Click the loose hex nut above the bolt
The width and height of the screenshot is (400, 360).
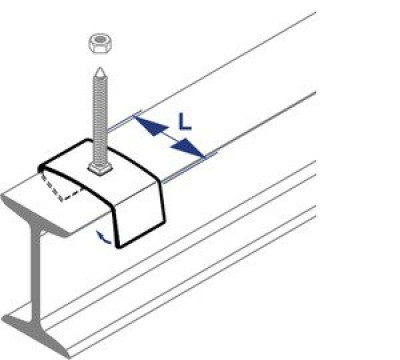click(x=100, y=43)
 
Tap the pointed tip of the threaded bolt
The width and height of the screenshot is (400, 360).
click(x=99, y=68)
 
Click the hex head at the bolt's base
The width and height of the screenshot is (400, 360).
click(x=100, y=169)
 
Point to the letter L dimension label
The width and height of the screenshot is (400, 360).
click(x=185, y=122)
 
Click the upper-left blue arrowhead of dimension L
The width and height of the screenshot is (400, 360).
click(x=150, y=125)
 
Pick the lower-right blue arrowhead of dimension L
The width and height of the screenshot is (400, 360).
click(x=188, y=148)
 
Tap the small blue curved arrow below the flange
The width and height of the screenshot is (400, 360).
click(x=103, y=237)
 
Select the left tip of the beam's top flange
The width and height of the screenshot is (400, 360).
click(x=4, y=197)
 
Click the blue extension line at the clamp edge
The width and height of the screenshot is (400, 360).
click(x=190, y=168)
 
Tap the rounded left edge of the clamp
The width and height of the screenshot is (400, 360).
click(x=42, y=169)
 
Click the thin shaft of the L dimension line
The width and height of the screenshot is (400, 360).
click(x=169, y=137)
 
